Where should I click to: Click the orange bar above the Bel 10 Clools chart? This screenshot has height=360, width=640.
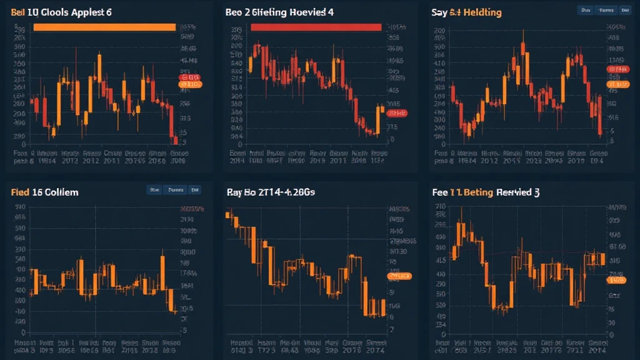[x=104, y=27]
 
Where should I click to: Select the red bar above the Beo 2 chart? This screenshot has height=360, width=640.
[x=316, y=27]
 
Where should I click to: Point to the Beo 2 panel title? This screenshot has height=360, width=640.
[x=279, y=12]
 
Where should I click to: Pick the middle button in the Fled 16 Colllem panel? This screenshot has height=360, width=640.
[x=176, y=189]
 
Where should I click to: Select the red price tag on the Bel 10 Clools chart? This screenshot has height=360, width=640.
[x=189, y=77]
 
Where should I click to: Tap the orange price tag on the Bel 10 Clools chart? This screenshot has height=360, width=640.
[x=189, y=84]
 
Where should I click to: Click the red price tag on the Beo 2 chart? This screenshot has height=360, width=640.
[x=396, y=113]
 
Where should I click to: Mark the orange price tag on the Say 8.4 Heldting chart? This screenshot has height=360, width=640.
[x=618, y=84]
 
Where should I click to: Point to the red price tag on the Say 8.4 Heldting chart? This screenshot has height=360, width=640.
[x=618, y=69]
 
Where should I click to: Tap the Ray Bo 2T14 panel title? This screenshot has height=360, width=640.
[x=271, y=192]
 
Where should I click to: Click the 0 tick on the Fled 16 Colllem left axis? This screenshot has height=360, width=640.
[x=24, y=333]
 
